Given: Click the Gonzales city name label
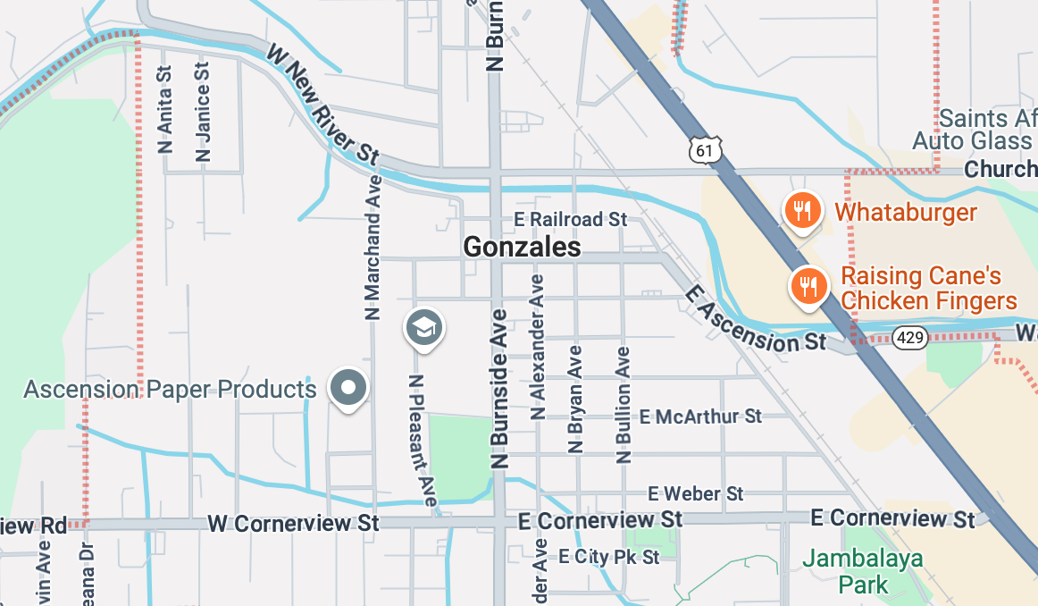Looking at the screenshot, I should point(523,248).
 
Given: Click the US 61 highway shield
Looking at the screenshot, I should point(705,150).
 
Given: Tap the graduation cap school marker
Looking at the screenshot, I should point(424,327).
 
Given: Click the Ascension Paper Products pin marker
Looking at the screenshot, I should point(348,388).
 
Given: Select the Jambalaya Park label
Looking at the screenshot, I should point(850,572).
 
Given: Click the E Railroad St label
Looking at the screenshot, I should point(572,219).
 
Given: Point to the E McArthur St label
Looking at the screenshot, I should point(701,417).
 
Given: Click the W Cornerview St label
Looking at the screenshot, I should point(293,523).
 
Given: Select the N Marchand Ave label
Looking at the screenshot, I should point(373,247).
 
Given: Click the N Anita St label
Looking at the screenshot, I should point(164,110).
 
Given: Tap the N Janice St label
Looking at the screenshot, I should point(203,112).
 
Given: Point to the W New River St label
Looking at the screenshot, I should point(322,106).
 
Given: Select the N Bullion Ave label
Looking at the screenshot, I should point(624,405).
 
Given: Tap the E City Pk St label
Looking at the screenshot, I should point(609,557).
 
